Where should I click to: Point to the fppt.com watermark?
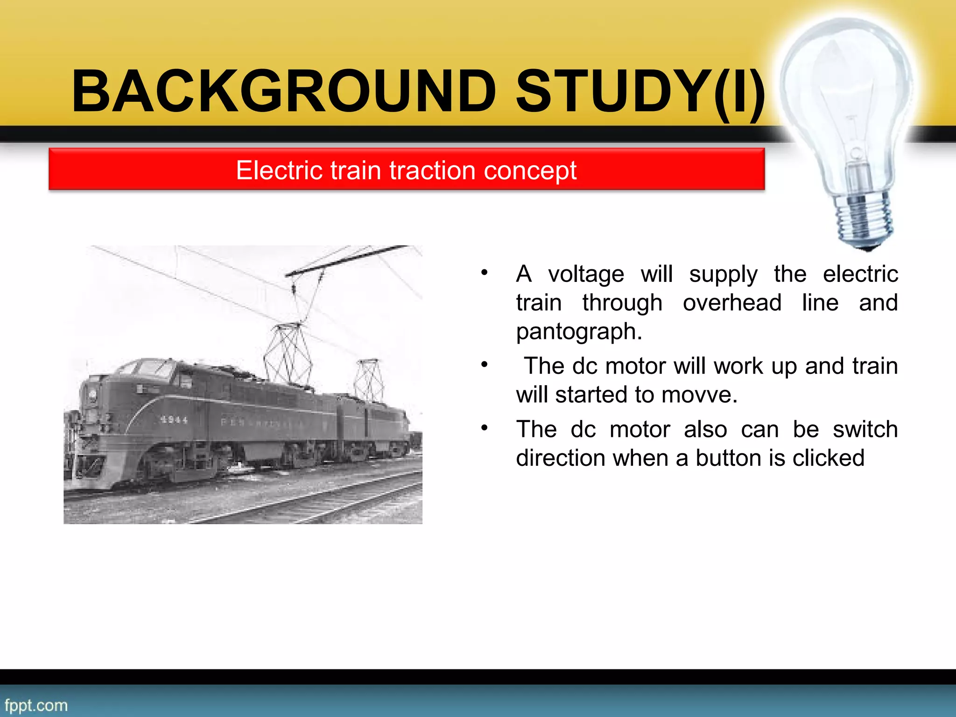pyautogui.click(x=36, y=705)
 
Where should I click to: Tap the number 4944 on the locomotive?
pyautogui.click(x=174, y=420)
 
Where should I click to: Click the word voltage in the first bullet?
pyautogui.click(x=586, y=274)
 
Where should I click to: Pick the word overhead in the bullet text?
pyautogui.click(x=732, y=303)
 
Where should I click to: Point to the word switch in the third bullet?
pyautogui.click(x=865, y=429)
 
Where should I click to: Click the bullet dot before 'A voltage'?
pyautogui.click(x=485, y=272)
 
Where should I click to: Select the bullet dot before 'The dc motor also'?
pyautogui.click(x=485, y=428)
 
